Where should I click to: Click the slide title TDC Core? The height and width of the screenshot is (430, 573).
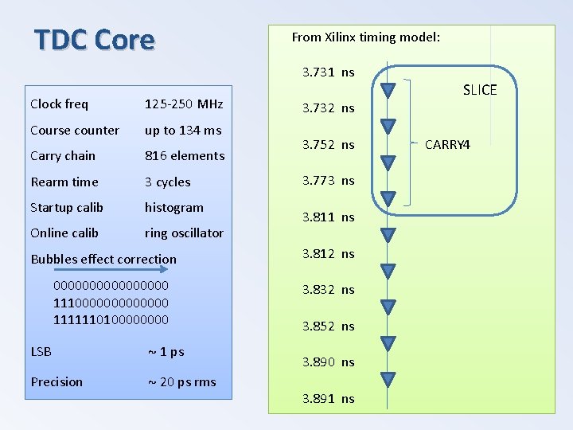94,39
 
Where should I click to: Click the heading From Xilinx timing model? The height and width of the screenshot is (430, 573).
365,37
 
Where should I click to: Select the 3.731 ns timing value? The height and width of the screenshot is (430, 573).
328,72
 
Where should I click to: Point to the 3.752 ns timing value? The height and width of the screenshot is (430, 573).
328,145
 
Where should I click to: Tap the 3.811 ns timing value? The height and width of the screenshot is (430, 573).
328,217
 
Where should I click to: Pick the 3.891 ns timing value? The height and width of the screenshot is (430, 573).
328,398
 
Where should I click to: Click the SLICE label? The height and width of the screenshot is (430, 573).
479,90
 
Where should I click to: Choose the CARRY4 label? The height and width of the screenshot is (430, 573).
447,145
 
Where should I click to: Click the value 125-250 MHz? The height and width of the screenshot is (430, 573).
184,104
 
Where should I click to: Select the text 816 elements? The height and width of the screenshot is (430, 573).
185,156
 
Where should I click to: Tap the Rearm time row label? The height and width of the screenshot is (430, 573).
64,182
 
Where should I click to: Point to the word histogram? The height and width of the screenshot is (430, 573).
173,208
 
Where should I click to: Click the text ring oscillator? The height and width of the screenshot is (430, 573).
184,233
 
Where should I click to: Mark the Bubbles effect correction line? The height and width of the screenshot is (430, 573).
103,259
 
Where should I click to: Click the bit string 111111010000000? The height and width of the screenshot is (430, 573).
111,319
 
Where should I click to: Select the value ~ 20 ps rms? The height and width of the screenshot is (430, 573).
182,381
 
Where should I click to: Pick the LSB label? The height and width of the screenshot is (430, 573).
41,351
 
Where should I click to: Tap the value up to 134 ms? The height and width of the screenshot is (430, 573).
183,130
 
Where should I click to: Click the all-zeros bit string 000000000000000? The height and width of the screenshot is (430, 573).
111,285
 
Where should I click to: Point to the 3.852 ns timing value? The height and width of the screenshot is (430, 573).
328,326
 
